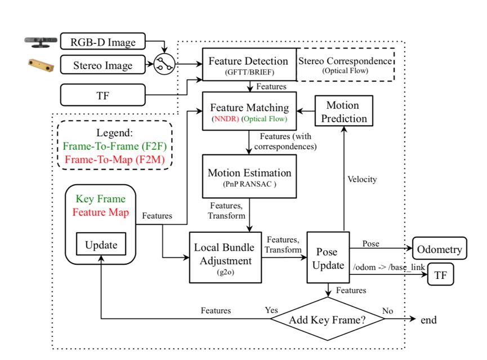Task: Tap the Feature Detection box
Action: coord(248,65)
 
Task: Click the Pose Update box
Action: coord(328,257)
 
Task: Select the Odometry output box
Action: coord(440,248)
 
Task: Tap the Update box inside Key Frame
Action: coord(101,245)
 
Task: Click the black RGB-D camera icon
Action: coord(39,41)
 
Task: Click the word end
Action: coord(428,321)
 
